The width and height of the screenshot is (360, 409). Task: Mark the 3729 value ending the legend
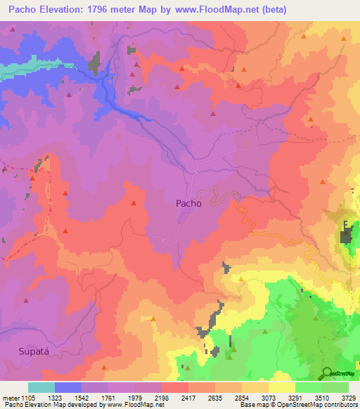point(347,397)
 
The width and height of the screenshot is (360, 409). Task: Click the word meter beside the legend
point(11,397)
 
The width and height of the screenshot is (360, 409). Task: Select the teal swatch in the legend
point(41,387)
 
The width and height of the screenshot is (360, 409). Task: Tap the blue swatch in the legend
point(68,387)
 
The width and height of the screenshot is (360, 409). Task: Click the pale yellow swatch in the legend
point(282,387)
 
